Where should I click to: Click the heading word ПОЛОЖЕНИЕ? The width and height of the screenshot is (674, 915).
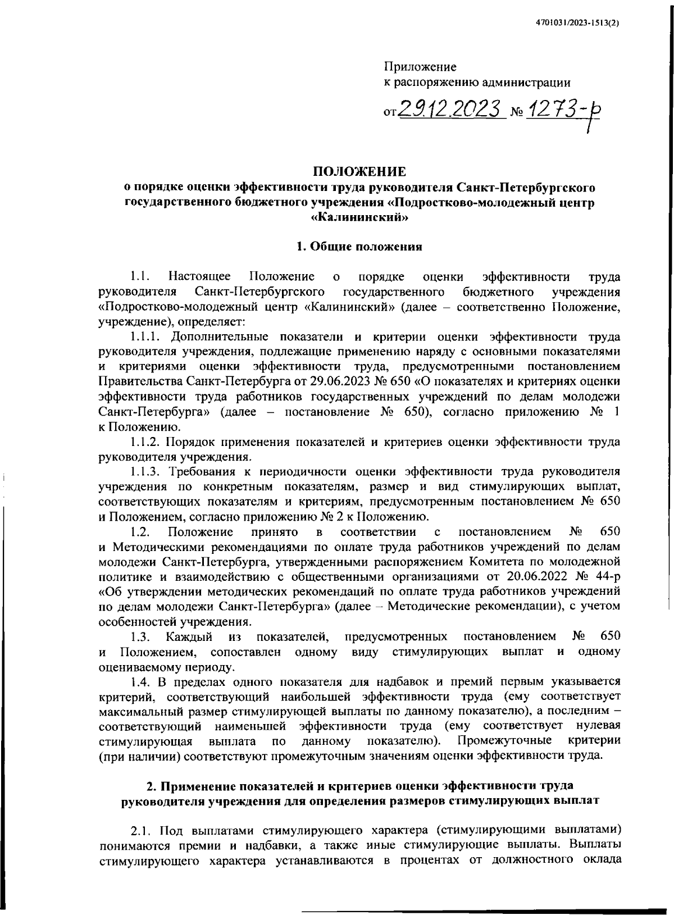359,171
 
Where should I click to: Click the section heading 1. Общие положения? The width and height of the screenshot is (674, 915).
359,247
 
